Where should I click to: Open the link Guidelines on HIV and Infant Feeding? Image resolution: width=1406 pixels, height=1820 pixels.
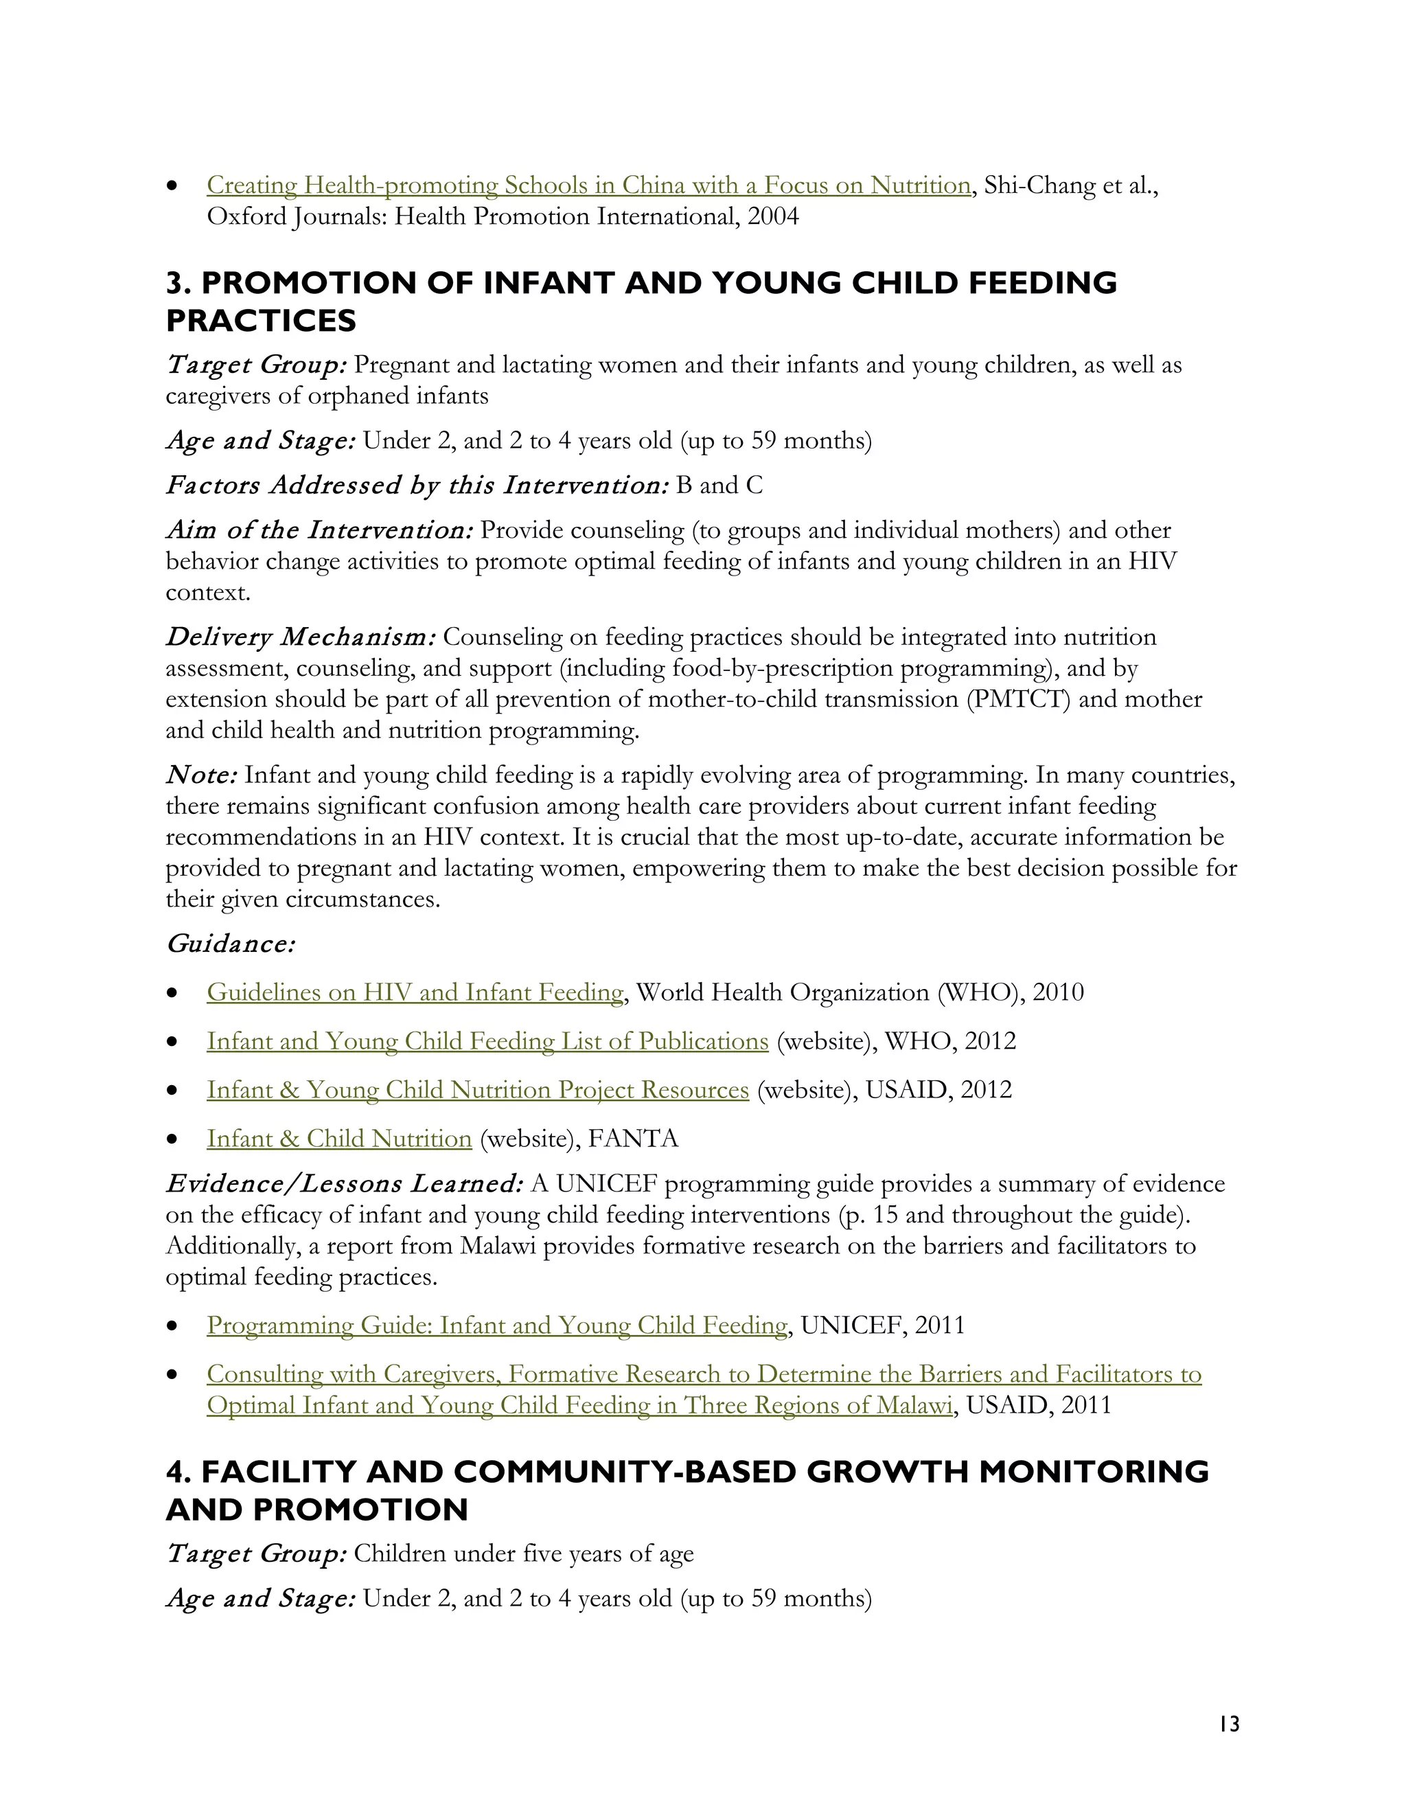point(415,992)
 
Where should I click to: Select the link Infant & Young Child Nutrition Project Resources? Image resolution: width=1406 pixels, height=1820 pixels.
point(477,1090)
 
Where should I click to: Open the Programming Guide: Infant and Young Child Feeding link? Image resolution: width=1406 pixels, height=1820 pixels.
point(496,1325)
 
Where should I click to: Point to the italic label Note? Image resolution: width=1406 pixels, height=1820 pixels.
point(200,776)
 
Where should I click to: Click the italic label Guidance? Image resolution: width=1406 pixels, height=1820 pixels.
point(230,944)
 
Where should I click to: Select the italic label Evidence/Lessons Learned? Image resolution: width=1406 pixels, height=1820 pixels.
point(344,1184)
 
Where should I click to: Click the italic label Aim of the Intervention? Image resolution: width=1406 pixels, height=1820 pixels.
point(319,531)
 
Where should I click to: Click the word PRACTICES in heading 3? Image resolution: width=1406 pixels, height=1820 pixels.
point(261,321)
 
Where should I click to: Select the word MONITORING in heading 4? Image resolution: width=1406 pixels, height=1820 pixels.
point(1093,1472)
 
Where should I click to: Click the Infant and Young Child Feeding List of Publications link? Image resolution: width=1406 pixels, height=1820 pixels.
point(487,1042)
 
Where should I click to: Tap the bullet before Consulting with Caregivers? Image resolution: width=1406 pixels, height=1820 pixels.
point(172,1374)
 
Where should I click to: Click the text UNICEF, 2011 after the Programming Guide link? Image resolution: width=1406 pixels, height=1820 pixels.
point(882,1325)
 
